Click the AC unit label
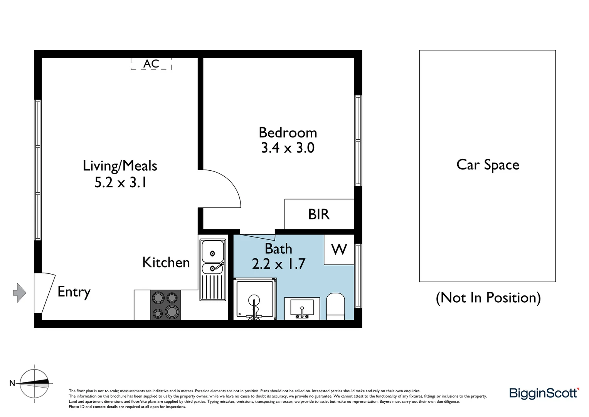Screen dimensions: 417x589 tap(151, 64)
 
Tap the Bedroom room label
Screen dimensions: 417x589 tap(288, 132)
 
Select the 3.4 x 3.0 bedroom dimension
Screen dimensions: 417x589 tap(288, 148)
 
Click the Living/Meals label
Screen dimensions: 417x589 tap(120, 166)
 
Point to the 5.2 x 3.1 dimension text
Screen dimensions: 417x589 tap(121, 182)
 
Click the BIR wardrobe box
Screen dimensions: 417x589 tap(319, 214)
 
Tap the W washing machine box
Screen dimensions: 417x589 tap(339, 249)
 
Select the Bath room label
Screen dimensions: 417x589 tap(278, 249)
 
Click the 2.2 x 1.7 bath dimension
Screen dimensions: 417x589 tap(278, 264)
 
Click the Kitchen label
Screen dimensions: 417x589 tap(166, 263)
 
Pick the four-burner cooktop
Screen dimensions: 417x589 tap(165, 305)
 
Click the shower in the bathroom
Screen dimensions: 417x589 tap(255, 300)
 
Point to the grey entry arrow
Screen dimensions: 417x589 tap(20, 293)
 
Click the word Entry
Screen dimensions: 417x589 tap(74, 292)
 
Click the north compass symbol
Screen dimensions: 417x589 tap(34, 383)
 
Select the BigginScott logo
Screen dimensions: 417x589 tap(544, 393)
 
